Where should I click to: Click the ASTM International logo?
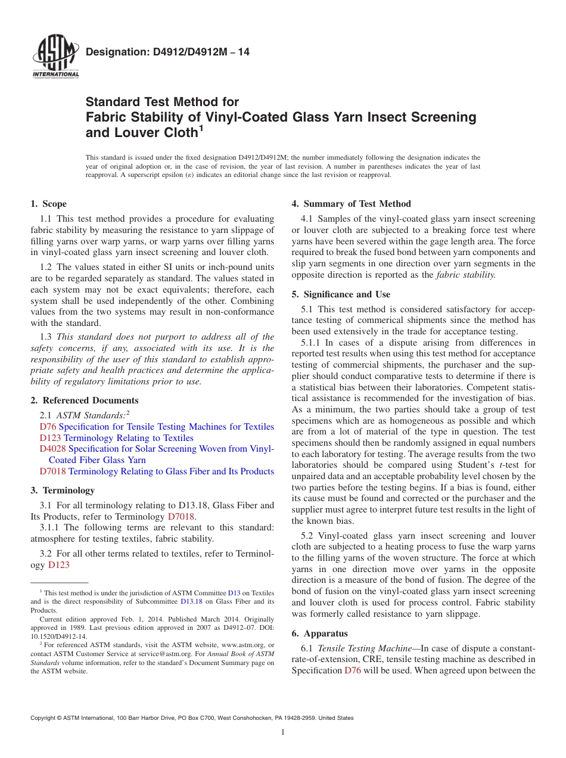tap(55, 58)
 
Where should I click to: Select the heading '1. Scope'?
tap(48, 204)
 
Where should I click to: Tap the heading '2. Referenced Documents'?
tap(84, 400)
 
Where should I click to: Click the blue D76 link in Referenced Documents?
tap(48, 427)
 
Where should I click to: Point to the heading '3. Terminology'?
tap(62, 490)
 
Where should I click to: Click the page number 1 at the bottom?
tap(283, 732)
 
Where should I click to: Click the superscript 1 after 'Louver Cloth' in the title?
tap(201, 128)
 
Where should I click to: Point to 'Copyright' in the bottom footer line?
tap(44, 718)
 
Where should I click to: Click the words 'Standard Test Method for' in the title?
tap(162, 102)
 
